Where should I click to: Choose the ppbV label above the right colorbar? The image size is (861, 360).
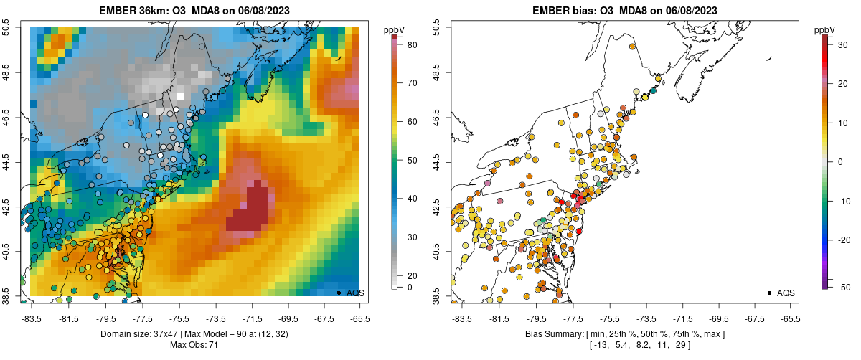826,29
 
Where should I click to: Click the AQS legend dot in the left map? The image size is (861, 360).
339,293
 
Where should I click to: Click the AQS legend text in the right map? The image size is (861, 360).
786,293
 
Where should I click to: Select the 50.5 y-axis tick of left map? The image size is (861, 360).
13,27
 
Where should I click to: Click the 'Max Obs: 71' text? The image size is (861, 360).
194,346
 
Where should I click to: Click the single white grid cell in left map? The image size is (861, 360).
181,96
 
